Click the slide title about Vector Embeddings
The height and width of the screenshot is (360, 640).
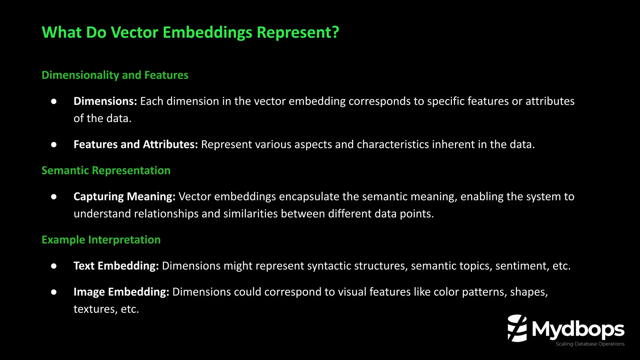(190, 32)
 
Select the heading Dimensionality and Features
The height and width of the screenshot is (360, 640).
(115, 75)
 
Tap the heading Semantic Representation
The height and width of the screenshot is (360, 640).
(106, 171)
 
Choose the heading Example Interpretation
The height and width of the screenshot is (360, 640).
(101, 240)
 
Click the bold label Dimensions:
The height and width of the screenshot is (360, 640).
(105, 101)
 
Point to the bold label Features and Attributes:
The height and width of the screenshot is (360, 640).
(136, 144)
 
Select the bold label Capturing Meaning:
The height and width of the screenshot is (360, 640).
(124, 197)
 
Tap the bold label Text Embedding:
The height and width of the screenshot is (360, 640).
(116, 266)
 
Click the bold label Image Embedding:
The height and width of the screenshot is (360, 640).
(121, 292)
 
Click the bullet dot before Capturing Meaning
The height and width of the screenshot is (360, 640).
(54, 197)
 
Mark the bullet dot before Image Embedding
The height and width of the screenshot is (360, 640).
(54, 292)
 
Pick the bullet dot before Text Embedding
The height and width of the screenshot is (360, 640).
(54, 266)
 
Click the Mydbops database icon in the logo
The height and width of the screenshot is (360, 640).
(517, 328)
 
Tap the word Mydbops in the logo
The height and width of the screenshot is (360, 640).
(578, 329)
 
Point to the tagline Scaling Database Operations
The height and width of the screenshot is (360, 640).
(590, 344)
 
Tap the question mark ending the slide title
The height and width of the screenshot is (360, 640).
(335, 32)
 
